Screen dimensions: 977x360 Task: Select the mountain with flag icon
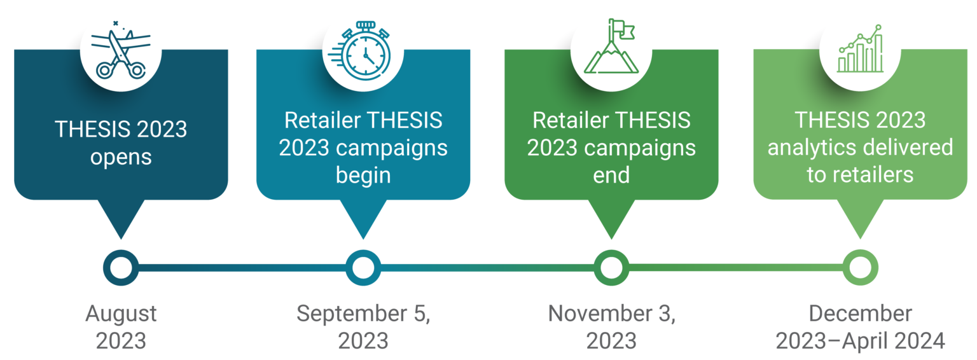pos(611,46)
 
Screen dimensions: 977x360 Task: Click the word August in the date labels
pos(121,314)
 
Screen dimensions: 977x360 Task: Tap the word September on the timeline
pos(352,314)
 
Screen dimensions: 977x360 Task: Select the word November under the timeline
pos(600,314)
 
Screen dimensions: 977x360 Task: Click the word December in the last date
pos(860,314)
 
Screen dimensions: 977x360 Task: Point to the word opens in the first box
pos(121,158)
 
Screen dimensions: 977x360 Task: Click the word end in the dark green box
pos(611,175)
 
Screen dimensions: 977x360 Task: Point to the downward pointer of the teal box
pos(363,219)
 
